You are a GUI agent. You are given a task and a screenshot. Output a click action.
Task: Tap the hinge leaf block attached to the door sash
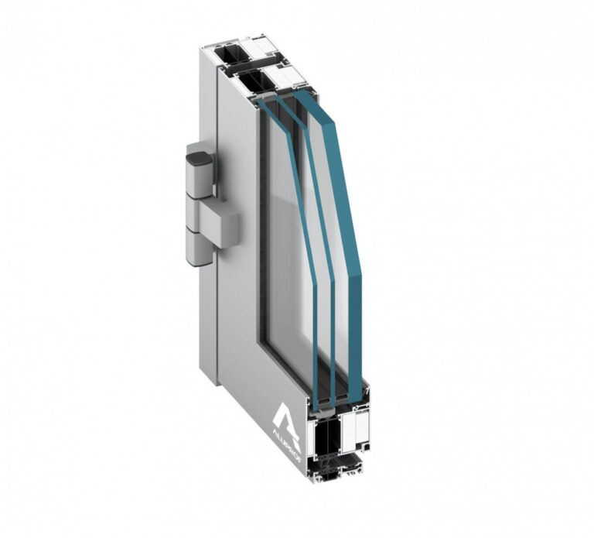coord(219,225)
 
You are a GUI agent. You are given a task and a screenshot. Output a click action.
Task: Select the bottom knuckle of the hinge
coord(200,248)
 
